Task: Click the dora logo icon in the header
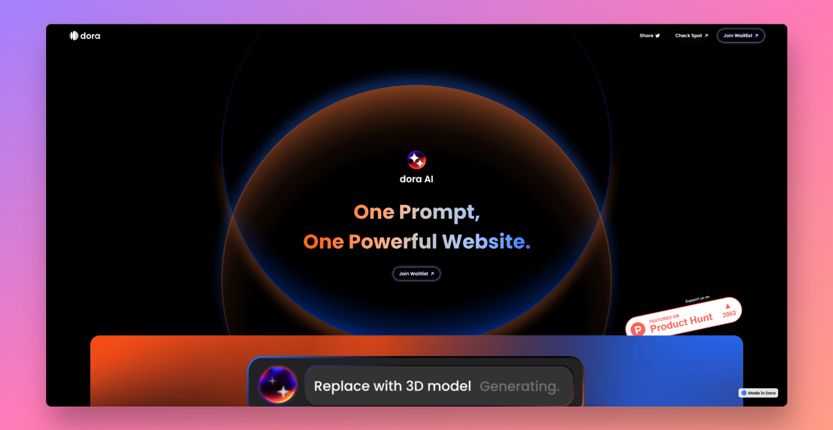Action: [74, 36]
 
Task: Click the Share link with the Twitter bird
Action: [649, 36]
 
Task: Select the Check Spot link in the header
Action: [691, 36]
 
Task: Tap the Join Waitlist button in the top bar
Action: [741, 36]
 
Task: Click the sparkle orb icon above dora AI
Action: [416, 160]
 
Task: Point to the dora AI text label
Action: [416, 179]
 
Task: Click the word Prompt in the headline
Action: [439, 212]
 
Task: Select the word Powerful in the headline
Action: [393, 242]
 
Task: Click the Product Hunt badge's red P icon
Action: [638, 329]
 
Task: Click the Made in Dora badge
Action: [758, 393]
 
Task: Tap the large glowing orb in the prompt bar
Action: [278, 385]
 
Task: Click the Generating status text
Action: [519, 386]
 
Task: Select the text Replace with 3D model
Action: [392, 386]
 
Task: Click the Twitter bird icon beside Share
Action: [658, 36]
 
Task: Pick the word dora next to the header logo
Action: [90, 36]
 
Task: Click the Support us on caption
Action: [697, 299]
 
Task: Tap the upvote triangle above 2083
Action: [728, 306]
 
